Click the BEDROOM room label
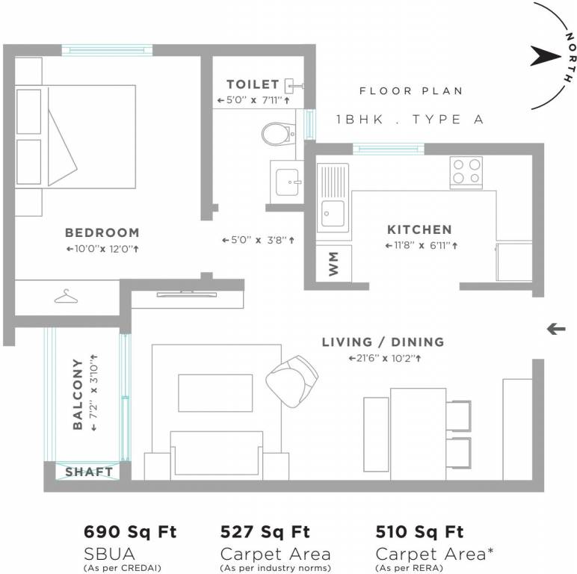click(x=102, y=232)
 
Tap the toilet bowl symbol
click(x=277, y=134)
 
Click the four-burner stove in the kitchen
click(x=466, y=171)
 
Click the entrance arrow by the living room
click(x=556, y=328)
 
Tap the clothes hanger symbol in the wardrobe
click(x=66, y=297)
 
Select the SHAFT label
click(x=89, y=472)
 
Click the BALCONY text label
click(x=78, y=394)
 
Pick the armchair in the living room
click(x=293, y=378)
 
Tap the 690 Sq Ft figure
click(x=129, y=532)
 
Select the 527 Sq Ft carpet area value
click(x=265, y=532)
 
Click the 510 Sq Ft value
click(x=419, y=532)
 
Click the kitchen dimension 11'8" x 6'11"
click(x=422, y=245)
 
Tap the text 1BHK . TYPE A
click(x=410, y=120)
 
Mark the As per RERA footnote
click(x=407, y=567)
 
